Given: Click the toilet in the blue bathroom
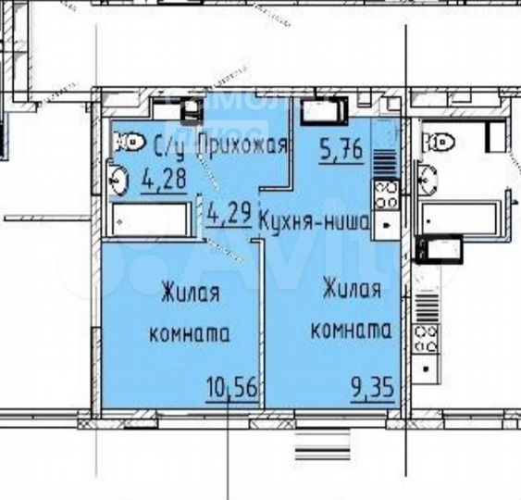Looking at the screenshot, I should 130,141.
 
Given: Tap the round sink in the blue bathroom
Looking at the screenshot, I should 118,179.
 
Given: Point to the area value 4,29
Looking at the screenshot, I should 229,213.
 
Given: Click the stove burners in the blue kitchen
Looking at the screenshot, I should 386,194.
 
